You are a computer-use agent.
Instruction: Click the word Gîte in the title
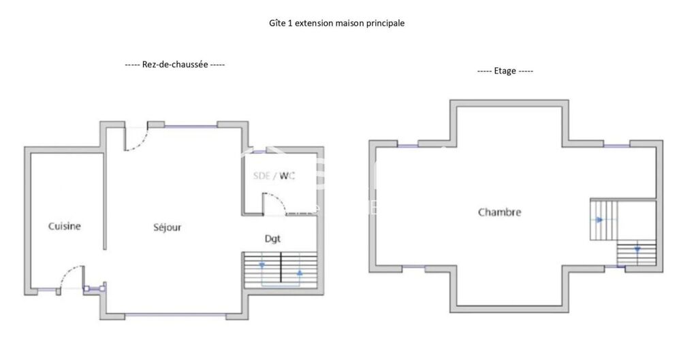tap(277, 23)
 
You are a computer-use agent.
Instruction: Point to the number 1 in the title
tap(291, 23)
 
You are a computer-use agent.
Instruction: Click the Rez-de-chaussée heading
tap(175, 65)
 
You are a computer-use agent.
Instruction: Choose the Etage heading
tap(505, 71)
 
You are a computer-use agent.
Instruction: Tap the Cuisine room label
tap(65, 226)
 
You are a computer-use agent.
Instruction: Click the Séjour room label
tap(167, 227)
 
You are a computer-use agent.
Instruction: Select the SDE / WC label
tap(274, 176)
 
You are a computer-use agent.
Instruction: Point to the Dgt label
tap(272, 238)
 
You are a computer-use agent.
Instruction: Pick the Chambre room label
tap(499, 212)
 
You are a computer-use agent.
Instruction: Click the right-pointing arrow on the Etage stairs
tap(599, 220)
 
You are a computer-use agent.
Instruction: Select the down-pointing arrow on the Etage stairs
tap(637, 250)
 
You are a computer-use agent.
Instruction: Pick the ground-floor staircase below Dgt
tap(280, 269)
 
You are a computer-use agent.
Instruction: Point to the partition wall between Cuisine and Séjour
tap(104, 201)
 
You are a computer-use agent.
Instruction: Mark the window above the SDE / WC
tap(259, 150)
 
